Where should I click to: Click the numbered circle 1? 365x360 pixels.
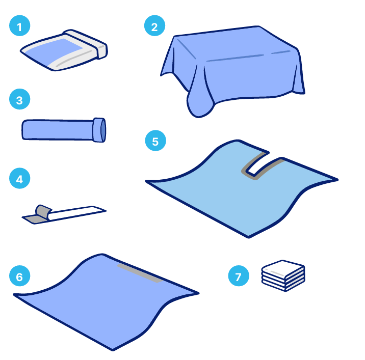(x=19, y=25)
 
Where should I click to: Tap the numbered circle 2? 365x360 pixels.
(x=154, y=25)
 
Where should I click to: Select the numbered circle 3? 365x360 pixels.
(x=19, y=99)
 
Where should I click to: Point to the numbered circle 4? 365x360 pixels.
(x=19, y=178)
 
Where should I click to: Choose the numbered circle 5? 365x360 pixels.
(x=155, y=141)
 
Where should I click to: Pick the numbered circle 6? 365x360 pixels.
(x=19, y=276)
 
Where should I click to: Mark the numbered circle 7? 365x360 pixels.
(x=239, y=276)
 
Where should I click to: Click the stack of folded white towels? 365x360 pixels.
(x=283, y=275)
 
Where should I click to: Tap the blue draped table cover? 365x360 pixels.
(x=233, y=70)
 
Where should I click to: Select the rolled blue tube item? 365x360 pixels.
(x=64, y=130)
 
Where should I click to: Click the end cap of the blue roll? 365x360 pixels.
(x=99, y=130)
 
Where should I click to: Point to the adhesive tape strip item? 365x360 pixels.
(x=64, y=214)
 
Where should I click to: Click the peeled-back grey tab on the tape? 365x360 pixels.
(x=43, y=212)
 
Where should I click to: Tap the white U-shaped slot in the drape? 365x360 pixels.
(x=257, y=163)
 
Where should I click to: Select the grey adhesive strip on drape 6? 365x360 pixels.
(x=140, y=273)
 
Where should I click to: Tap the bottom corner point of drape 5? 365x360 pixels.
(x=248, y=237)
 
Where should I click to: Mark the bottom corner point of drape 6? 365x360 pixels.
(x=113, y=350)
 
